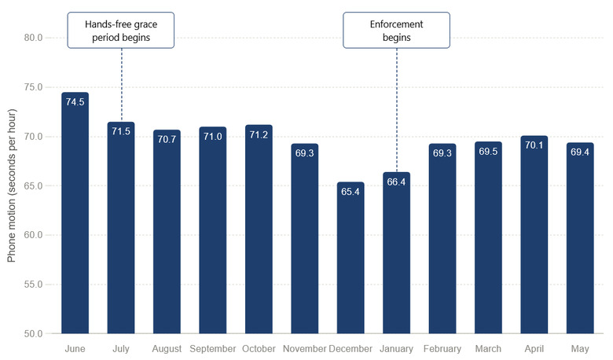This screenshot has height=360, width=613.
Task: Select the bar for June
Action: [75, 213]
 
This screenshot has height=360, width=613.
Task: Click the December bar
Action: [351, 258]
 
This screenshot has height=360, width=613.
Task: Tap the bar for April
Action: [534, 235]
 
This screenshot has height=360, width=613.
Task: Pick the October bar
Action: [259, 230]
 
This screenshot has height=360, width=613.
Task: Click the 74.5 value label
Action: [75, 102]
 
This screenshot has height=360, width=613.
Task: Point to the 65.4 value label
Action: [351, 192]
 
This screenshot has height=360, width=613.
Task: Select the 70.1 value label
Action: [534, 145]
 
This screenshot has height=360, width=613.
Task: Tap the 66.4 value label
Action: [396, 182]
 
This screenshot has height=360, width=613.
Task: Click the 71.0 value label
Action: [213, 137]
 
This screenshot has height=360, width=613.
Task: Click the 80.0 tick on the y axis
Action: [33, 38]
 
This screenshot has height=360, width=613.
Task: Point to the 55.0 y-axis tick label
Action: [33, 285]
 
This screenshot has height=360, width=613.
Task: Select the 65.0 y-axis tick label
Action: [33, 186]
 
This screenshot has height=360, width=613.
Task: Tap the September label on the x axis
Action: [213, 349]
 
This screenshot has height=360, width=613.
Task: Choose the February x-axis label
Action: [442, 349]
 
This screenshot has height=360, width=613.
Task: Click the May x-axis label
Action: [580, 349]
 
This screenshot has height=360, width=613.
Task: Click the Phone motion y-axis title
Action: [12, 186]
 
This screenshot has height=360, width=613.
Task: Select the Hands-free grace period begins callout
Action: [121, 30]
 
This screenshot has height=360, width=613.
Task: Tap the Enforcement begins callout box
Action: [396, 30]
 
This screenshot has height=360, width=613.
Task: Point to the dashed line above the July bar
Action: [122, 85]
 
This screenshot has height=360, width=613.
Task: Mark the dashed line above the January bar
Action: [397, 110]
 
